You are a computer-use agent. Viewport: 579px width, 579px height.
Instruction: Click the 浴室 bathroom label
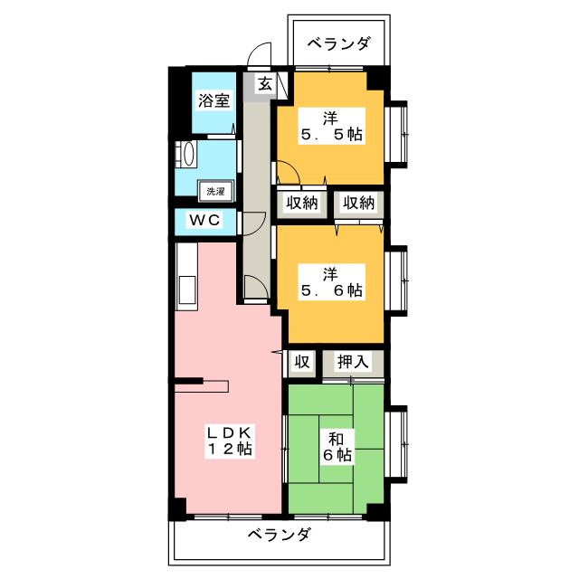pos(214,100)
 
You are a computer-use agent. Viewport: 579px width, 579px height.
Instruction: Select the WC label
pos(206,220)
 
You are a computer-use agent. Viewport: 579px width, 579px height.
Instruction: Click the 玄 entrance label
pos(265,84)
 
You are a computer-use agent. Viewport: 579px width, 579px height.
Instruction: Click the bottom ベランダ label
pos(280,535)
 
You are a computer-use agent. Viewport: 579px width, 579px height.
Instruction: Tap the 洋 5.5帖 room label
pos(332,127)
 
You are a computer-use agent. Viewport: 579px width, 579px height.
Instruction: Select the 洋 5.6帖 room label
pos(332,281)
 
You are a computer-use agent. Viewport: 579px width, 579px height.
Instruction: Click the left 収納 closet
pos(302,203)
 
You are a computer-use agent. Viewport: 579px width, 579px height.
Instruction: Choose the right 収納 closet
pos(358,203)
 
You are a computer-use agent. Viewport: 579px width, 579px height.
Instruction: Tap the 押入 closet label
pos(353,362)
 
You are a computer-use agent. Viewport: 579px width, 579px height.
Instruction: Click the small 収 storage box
pos(302,362)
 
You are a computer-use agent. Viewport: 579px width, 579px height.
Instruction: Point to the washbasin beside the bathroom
pos(187,154)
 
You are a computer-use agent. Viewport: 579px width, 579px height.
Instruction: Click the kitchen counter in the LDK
pos(186,277)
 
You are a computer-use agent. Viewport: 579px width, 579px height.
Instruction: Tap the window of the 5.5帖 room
pos(396,133)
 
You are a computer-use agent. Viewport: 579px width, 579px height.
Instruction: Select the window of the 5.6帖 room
pos(396,283)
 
